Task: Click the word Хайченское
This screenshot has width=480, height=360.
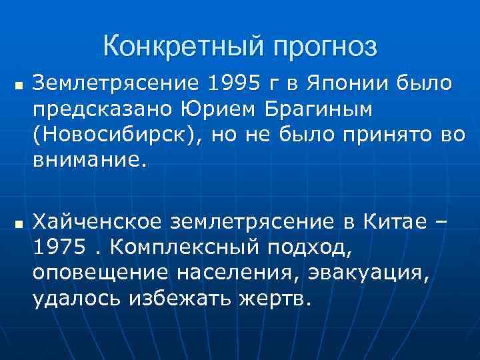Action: [99, 221]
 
